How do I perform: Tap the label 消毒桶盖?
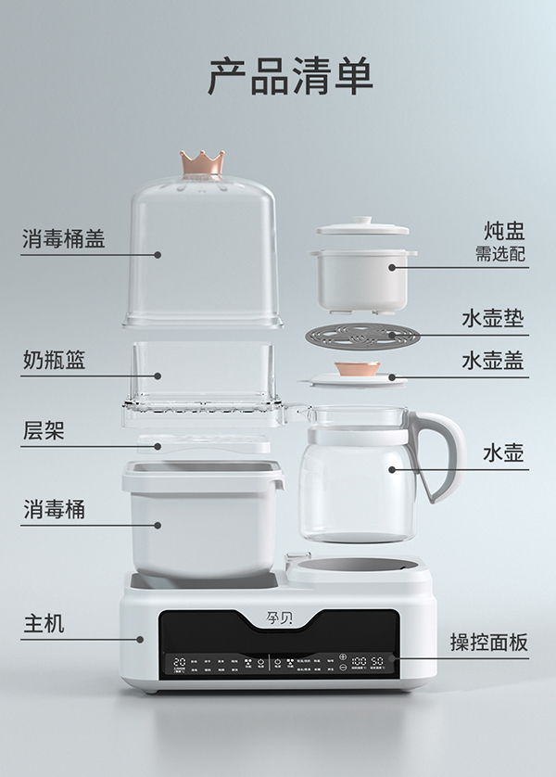point(63,239)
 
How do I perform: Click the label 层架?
point(44,431)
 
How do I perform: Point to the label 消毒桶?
point(54,509)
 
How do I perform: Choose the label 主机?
point(44,623)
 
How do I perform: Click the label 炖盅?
point(505,229)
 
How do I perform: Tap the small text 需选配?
point(501,255)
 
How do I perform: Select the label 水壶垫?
point(493,320)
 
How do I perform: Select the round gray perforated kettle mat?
point(362,335)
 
